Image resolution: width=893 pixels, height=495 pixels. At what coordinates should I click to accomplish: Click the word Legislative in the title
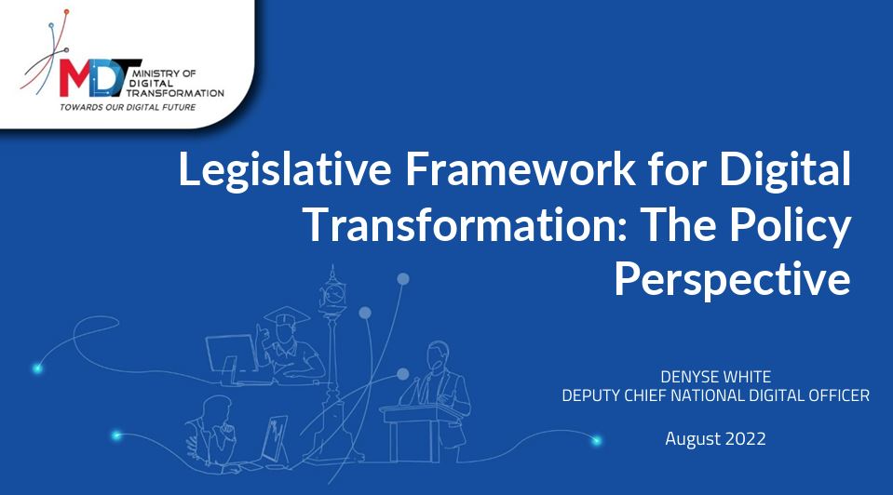(x=285, y=170)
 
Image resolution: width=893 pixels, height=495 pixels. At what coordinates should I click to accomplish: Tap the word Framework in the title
(x=520, y=169)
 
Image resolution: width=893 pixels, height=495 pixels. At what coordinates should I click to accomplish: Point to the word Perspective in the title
(x=733, y=280)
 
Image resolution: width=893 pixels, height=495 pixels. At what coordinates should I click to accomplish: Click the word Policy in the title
(x=791, y=225)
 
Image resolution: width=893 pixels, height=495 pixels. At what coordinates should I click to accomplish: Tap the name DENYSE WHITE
(x=715, y=377)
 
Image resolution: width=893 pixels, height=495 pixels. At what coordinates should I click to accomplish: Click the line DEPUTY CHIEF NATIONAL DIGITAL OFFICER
(x=715, y=395)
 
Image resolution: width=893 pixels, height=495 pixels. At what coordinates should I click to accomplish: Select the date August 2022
(x=715, y=438)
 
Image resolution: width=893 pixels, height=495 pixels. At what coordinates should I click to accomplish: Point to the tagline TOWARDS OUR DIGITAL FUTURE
(x=128, y=107)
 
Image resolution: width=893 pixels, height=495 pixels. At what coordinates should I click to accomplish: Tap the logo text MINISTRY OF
(x=164, y=74)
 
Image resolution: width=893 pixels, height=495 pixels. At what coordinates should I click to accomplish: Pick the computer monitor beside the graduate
(x=233, y=355)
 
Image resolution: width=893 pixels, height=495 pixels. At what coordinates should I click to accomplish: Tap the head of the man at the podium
(x=438, y=355)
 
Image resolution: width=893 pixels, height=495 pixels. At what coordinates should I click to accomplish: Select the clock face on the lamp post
(x=332, y=294)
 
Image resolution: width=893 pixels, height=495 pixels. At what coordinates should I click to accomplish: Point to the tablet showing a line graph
(x=276, y=438)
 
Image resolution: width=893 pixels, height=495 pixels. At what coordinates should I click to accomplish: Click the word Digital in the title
(x=785, y=170)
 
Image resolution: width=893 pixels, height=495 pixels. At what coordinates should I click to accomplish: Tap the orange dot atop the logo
(x=67, y=11)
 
